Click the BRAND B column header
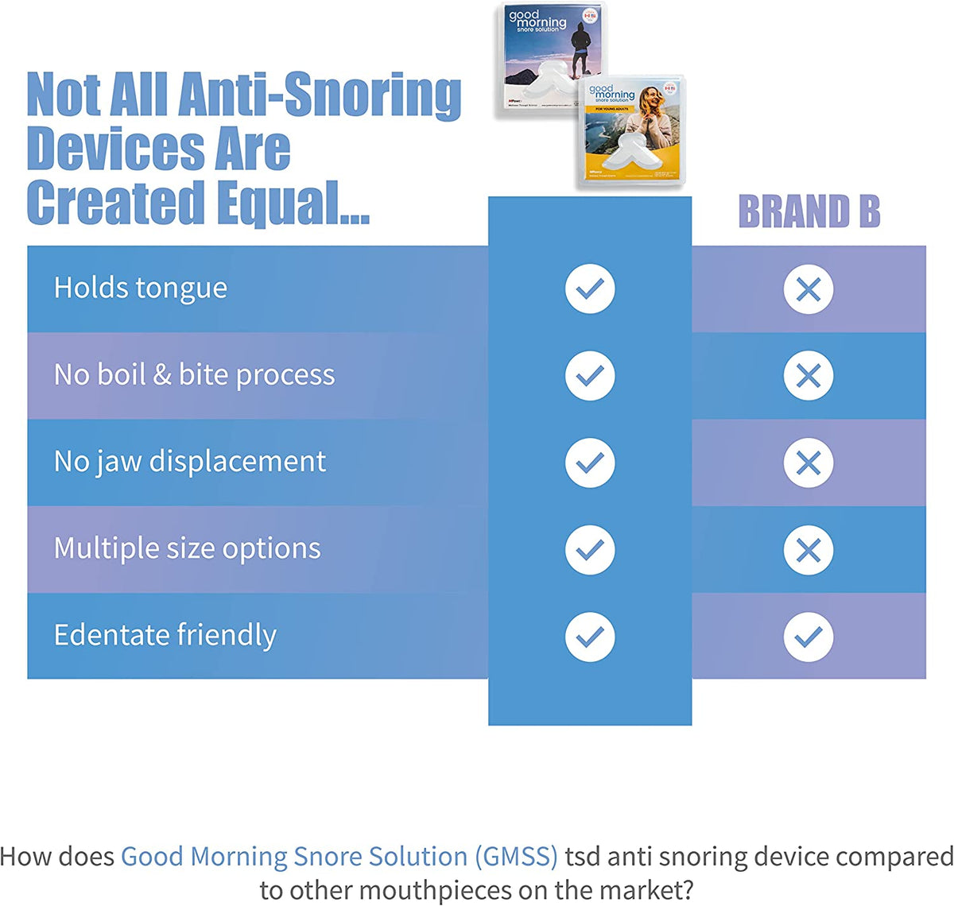809,212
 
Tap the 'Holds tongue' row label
141,288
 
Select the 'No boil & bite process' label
194,374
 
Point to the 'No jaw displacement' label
189,461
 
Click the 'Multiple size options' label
187,548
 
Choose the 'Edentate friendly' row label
165,635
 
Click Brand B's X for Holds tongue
808,289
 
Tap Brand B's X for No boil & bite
808,376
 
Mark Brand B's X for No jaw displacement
808,463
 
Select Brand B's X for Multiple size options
808,550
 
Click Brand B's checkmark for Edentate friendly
808,637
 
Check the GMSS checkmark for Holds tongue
590,289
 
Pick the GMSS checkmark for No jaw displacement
590,463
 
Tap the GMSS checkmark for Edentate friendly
590,637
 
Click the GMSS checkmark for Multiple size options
590,550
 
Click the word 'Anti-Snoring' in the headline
320,95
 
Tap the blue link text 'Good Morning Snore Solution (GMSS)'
339,857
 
